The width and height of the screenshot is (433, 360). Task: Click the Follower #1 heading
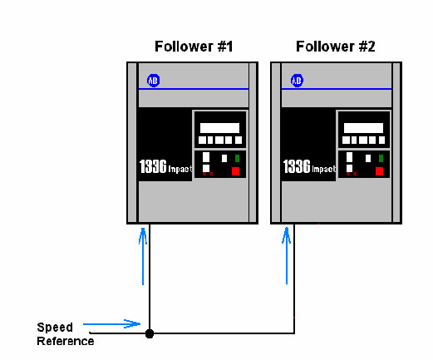pos(194,47)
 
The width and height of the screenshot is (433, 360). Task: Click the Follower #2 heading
pos(336,47)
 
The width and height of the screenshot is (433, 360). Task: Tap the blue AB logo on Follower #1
pos(153,81)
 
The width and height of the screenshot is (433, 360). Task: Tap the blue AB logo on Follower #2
pos(297,81)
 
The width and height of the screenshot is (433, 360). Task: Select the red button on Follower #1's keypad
pos(235,171)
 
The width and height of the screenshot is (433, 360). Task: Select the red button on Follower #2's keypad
pos(379,171)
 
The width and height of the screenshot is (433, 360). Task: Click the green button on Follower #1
pos(237,158)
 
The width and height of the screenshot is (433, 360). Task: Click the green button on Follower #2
pos(381,158)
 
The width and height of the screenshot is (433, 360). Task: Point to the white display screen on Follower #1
pos(219,128)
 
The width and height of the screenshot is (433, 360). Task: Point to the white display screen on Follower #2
pos(363,128)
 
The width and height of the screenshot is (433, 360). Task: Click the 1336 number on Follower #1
pos(153,166)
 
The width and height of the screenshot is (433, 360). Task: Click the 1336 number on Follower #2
pos(297,166)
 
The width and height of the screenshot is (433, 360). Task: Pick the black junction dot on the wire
pos(150,333)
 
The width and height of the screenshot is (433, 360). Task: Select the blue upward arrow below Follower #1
pos(143,256)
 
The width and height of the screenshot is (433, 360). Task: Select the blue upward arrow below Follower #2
pos(287,255)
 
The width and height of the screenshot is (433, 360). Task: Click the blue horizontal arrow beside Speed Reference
pos(112,323)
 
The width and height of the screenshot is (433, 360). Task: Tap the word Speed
pos(55,328)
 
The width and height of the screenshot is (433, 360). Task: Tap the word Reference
pos(66,341)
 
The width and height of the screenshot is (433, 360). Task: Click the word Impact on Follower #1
pos(180,169)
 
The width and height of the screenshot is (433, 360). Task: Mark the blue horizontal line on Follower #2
pos(337,89)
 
